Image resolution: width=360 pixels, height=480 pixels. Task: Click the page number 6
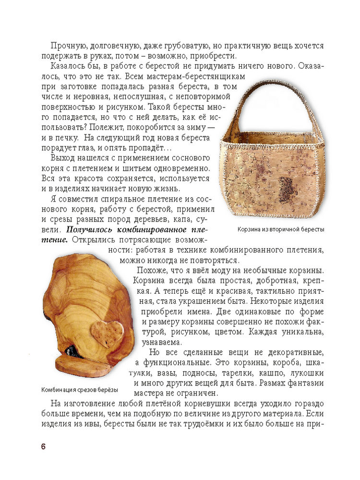click(x=43, y=446)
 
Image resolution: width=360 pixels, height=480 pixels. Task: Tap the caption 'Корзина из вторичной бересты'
click(x=281, y=229)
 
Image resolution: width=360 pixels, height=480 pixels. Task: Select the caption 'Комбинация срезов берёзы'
click(x=79, y=389)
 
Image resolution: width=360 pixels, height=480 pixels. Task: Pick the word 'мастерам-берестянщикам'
click(x=203, y=76)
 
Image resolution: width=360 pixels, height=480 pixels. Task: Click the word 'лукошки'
click(x=307, y=373)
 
